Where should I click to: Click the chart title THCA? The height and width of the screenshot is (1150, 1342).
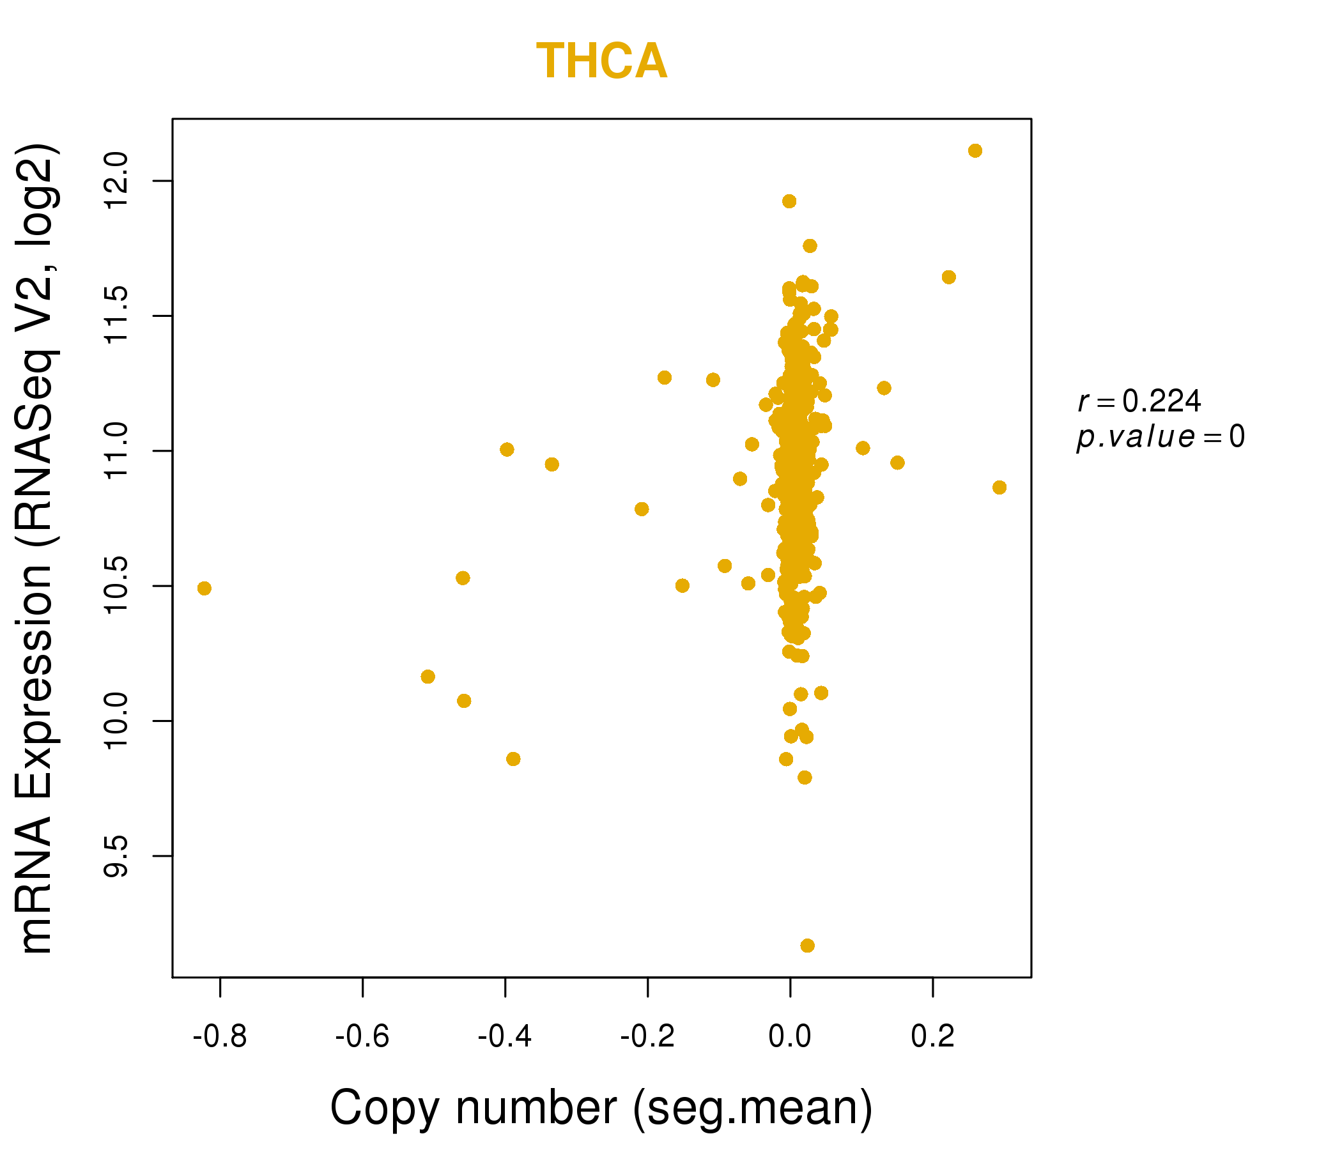point(601,61)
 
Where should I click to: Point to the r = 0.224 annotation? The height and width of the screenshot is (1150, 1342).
point(1139,402)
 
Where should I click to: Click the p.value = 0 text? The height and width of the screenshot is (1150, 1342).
point(1160,438)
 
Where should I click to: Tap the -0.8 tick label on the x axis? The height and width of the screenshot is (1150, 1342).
point(220,1037)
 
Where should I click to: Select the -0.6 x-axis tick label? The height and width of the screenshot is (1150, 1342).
point(362,1037)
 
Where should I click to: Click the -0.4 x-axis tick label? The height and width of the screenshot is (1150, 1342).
point(505,1037)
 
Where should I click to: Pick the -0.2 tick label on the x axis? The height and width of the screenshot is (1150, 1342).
point(647,1037)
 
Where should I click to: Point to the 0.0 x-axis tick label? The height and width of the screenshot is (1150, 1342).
point(789,1037)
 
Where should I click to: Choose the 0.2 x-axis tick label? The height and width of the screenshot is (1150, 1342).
point(932,1037)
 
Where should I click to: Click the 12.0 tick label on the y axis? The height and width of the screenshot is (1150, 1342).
point(117,181)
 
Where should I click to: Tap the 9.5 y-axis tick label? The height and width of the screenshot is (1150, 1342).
point(117,855)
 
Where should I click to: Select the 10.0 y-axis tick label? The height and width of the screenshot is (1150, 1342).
point(117,721)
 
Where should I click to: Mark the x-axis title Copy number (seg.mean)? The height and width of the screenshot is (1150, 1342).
point(601,1108)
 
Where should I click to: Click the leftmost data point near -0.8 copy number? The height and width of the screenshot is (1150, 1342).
point(204,588)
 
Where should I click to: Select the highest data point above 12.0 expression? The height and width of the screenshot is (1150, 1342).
point(975,151)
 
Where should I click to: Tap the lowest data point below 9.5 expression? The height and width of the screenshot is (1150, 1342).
point(807,946)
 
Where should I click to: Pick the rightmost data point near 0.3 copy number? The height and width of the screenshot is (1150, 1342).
point(999,487)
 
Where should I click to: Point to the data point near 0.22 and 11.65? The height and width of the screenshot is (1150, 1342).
point(948,277)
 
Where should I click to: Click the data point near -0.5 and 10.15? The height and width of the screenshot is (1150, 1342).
point(428,677)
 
